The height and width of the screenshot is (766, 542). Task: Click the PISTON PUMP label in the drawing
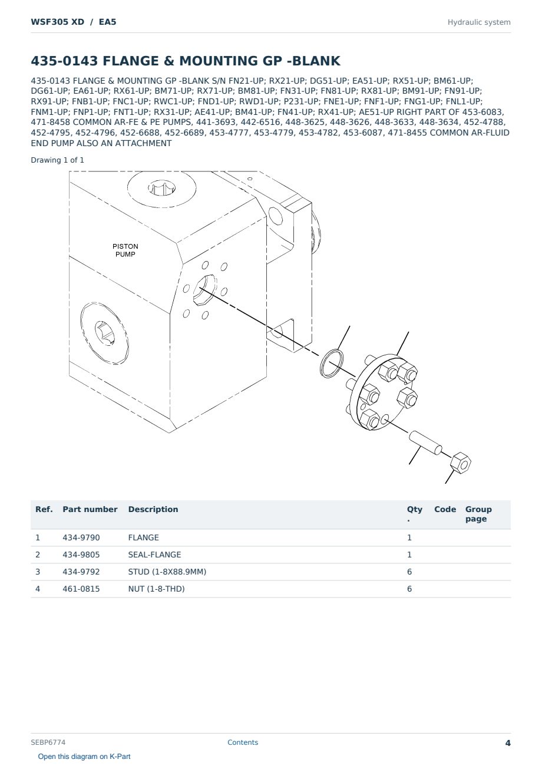pos(125,250)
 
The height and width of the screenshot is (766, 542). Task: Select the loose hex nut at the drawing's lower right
pos(461,463)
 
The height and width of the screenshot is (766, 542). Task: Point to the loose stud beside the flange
pos(425,443)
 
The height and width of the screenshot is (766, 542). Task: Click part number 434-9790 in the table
pos(81,537)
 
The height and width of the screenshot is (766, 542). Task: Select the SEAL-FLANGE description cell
pos(154,554)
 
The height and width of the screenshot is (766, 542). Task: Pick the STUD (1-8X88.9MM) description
pos(167,572)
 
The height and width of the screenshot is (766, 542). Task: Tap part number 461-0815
pos(81,589)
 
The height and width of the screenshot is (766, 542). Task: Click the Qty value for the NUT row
pos(409,589)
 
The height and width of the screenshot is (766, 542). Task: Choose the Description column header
pos(153,509)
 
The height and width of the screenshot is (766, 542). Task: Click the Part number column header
pos(90,509)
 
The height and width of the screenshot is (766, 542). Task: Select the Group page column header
pos(478,514)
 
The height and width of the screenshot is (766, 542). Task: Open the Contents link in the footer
pos(243,742)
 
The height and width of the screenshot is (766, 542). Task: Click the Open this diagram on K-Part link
pos(84,757)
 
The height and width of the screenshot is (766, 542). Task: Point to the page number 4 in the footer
pos(508,743)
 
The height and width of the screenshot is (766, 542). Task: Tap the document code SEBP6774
pos(48,742)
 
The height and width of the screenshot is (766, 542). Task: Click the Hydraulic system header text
pos(479,22)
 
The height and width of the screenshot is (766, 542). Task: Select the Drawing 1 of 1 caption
pos(58,160)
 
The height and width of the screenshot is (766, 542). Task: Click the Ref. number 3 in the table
pos(38,572)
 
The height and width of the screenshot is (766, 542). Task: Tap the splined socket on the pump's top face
pos(162,188)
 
